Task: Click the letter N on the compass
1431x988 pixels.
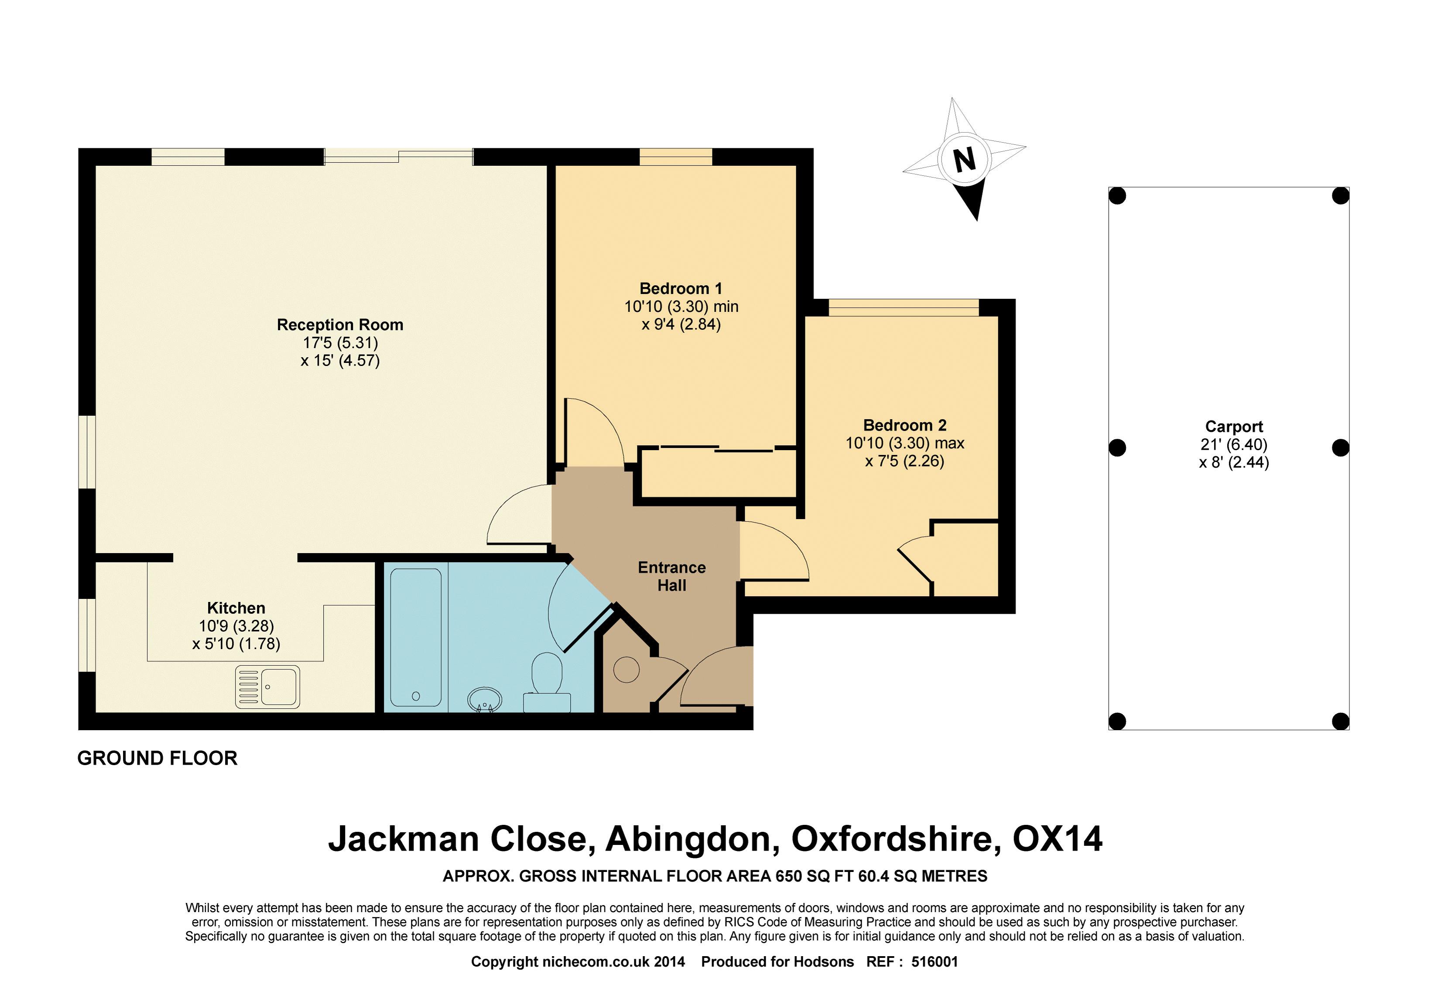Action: tap(965, 160)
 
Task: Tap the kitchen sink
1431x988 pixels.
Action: tap(267, 687)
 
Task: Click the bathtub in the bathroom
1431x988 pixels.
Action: tap(415, 637)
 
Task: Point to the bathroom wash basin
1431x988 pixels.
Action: tap(485, 700)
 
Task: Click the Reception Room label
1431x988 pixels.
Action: tap(340, 325)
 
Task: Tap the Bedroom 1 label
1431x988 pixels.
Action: tap(681, 288)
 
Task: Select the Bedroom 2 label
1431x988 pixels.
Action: tap(905, 425)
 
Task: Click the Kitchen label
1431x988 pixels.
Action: tap(236, 608)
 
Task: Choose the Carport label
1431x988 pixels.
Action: tap(1233, 427)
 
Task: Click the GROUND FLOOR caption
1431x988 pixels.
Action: tap(157, 758)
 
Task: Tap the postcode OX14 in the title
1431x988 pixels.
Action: tap(1057, 839)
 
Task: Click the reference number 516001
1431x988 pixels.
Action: tap(935, 961)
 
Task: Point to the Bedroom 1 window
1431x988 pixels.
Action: tap(675, 157)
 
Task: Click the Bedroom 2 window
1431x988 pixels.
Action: tap(904, 308)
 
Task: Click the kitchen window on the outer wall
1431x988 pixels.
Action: tap(87, 635)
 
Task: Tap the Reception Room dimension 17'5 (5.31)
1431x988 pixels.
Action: tap(340, 342)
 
